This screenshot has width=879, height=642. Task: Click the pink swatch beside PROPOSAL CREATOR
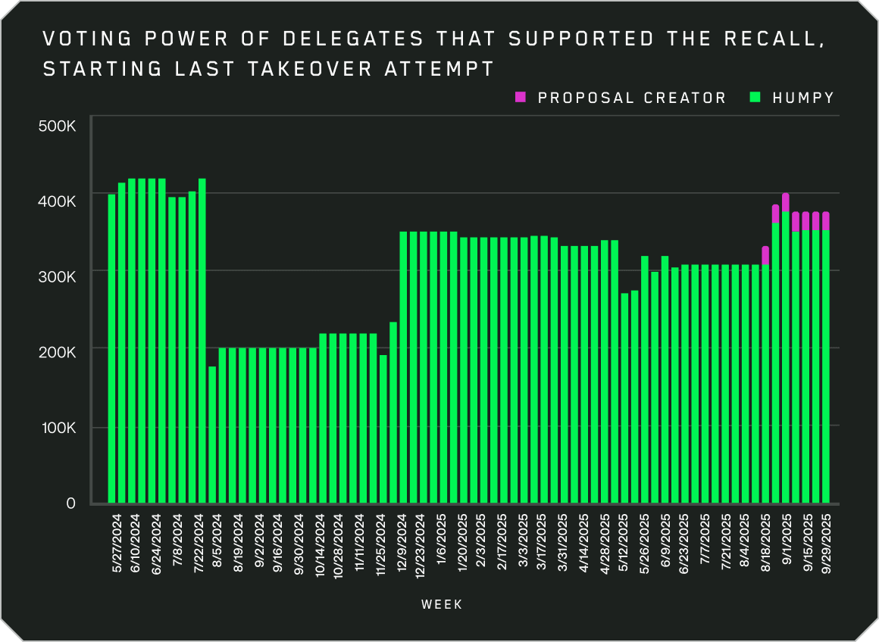[x=520, y=97]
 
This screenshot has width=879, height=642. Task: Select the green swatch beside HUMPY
[x=755, y=97]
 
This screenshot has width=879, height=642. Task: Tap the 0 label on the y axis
[x=71, y=503]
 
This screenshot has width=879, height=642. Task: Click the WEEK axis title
[x=441, y=604]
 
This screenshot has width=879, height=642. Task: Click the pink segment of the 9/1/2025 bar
[x=786, y=202]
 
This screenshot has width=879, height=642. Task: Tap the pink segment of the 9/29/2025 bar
[x=826, y=220]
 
